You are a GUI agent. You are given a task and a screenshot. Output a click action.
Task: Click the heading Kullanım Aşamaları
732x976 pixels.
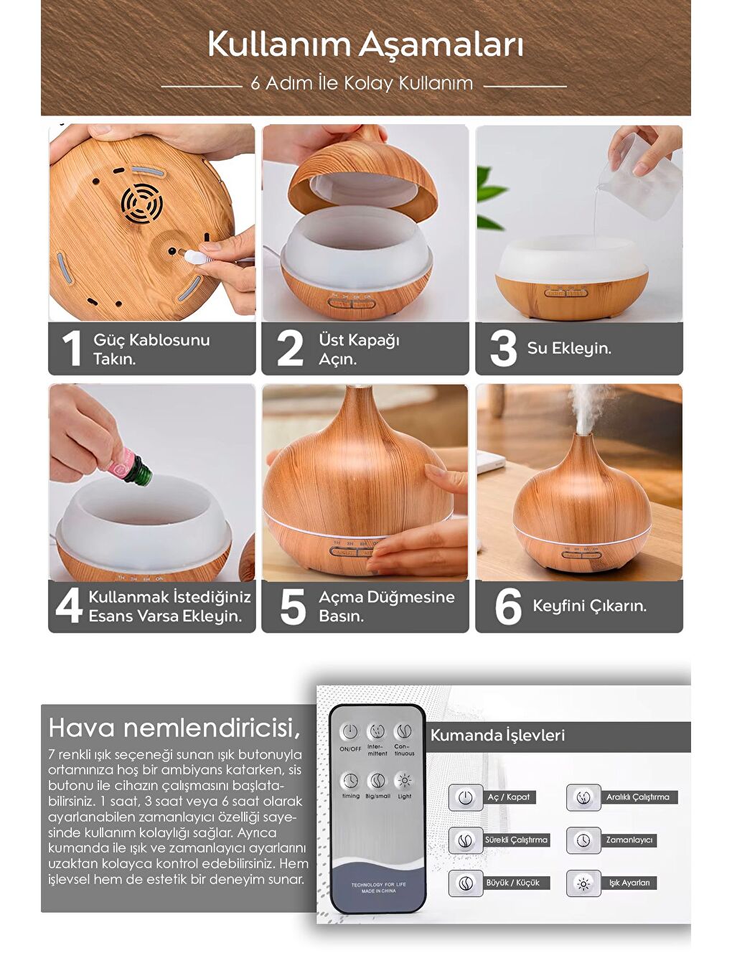365,44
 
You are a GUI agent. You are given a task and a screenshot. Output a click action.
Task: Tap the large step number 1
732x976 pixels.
71,349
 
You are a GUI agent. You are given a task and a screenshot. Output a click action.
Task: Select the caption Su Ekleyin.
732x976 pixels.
569,348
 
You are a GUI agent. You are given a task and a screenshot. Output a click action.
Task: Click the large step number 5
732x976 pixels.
292,607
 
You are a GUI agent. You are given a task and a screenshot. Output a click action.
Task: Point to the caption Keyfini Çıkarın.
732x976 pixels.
589,606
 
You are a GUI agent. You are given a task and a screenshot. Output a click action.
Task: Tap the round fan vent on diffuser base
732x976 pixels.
141,202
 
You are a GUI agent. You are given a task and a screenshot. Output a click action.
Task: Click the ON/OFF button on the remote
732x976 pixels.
349,733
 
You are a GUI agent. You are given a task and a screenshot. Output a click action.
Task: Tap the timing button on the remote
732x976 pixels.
350,781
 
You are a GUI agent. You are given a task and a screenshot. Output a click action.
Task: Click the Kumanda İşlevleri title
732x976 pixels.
497,736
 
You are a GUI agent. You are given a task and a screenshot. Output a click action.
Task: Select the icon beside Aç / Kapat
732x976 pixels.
465,797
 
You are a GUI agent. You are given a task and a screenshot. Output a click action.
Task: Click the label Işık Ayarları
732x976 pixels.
629,883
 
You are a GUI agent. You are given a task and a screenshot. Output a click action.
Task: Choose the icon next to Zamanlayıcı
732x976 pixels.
583,840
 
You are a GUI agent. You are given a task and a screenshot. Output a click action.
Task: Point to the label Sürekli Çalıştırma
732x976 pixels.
516,840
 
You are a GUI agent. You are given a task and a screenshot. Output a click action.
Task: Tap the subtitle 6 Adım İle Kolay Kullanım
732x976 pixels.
362,83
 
